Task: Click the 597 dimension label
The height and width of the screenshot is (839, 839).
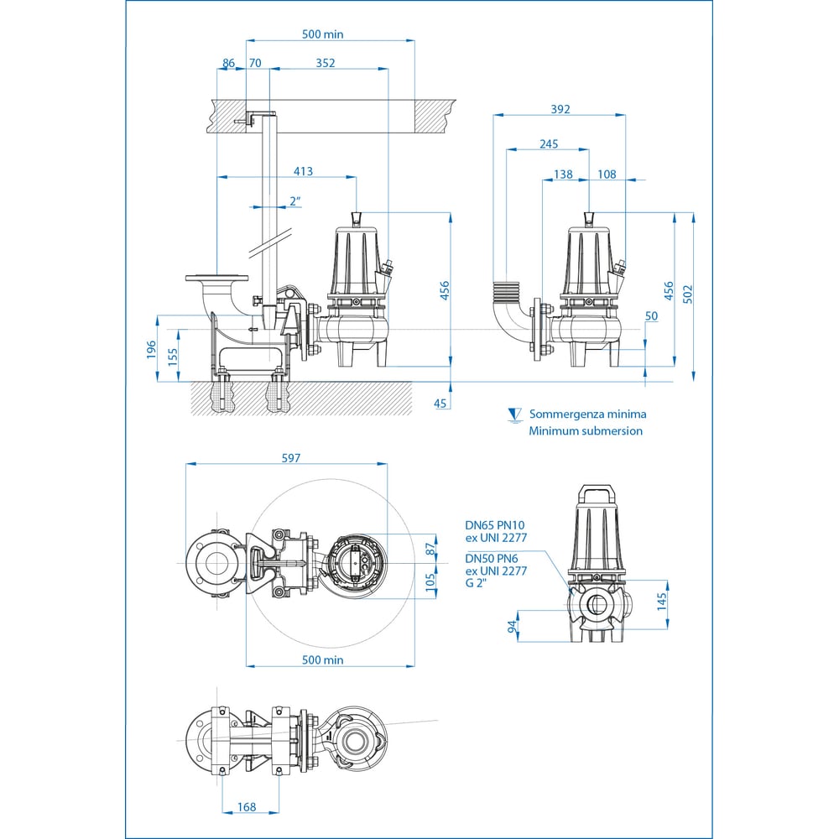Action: tap(290, 458)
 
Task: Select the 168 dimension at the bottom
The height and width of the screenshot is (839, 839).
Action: tap(246, 806)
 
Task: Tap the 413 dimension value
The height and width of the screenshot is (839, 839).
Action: tap(303, 171)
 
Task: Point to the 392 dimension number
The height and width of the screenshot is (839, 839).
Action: tap(560, 109)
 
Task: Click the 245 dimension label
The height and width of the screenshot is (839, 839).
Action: tap(549, 144)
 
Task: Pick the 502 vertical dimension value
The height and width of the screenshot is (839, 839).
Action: tap(688, 294)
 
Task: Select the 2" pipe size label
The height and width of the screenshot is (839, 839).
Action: tap(294, 201)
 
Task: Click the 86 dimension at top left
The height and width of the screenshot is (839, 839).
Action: tap(228, 63)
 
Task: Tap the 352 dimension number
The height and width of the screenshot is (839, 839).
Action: tap(326, 63)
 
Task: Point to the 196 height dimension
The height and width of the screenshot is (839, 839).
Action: tap(151, 349)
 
